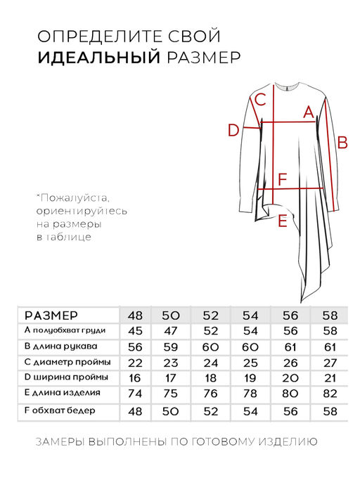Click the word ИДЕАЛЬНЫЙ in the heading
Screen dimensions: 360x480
tap(99, 57)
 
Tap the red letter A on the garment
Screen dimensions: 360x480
tap(307, 112)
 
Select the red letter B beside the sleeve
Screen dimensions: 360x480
tap(343, 143)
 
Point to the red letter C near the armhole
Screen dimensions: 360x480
tap(259, 99)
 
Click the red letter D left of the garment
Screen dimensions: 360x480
tap(233, 130)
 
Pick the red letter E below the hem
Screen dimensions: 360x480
tap(282, 221)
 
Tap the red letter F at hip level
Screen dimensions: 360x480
tap(282, 180)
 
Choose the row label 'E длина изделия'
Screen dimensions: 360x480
tap(62, 394)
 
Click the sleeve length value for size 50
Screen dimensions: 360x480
tap(172, 347)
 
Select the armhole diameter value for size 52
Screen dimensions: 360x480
tap(211, 363)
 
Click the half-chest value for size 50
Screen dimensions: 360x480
tap(172, 331)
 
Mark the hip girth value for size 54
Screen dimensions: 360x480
tap(250, 410)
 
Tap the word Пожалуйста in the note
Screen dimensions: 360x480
tap(77, 197)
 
